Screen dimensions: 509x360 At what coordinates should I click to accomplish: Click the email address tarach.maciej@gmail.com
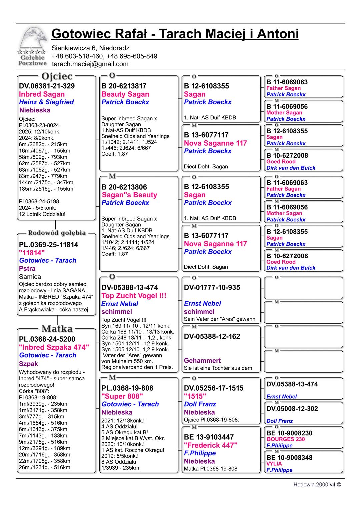click(x=90, y=64)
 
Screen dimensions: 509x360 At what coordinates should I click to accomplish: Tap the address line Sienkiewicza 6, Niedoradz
click(x=90, y=48)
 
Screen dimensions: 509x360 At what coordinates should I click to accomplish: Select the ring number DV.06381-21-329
click(x=47, y=86)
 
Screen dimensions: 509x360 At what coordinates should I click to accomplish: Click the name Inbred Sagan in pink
click(x=42, y=94)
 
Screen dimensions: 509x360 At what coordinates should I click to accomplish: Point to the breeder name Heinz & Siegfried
click(x=46, y=102)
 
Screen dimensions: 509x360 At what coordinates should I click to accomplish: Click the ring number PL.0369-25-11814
click(x=48, y=245)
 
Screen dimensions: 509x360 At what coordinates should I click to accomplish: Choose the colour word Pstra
click(x=27, y=269)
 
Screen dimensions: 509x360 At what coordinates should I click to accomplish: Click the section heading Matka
click(x=57, y=329)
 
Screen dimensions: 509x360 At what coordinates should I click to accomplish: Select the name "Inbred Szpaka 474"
click(x=54, y=347)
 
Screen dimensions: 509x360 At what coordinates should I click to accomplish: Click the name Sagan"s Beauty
click(x=129, y=195)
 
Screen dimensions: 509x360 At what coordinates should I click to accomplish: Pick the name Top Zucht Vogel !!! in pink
click(x=134, y=296)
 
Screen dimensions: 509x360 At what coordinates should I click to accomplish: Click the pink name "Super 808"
click(x=122, y=396)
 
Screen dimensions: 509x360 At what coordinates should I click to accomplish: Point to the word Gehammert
click(x=202, y=361)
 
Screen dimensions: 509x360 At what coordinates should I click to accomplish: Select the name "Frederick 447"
click(x=211, y=445)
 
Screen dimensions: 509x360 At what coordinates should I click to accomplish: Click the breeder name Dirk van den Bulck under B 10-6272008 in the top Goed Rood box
click(x=291, y=168)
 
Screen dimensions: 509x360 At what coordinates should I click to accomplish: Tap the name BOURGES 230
click(x=286, y=439)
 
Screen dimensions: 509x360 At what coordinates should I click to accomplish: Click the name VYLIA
click(x=274, y=464)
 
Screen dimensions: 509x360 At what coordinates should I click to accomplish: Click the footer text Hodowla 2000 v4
click(x=317, y=485)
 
